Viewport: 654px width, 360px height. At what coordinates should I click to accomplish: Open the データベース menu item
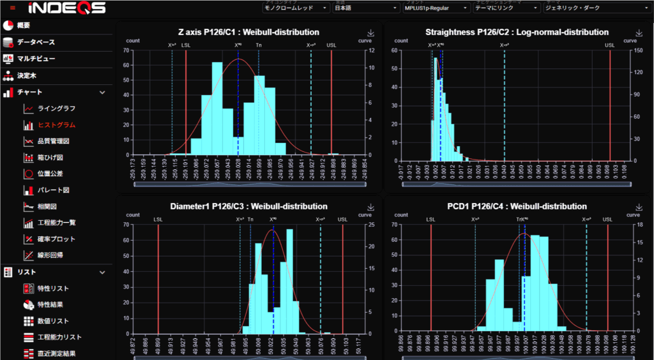click(35, 42)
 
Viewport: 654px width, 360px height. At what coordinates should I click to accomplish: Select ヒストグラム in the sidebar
click(56, 124)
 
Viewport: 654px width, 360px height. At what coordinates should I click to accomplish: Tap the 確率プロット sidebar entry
click(56, 239)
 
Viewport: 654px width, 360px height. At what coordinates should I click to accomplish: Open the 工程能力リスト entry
click(59, 337)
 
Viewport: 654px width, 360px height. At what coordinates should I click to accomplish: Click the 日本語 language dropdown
click(366, 8)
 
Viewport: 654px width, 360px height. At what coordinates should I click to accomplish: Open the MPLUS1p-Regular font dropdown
click(436, 8)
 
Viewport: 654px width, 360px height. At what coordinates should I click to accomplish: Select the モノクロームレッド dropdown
click(296, 8)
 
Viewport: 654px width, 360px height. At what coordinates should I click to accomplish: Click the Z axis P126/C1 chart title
click(248, 32)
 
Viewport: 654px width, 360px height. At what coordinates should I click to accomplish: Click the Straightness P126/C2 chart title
click(517, 32)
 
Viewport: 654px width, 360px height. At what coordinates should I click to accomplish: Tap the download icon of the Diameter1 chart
click(370, 207)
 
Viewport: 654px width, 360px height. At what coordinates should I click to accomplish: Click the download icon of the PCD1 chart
click(639, 207)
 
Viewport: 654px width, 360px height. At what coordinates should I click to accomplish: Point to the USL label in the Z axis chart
click(331, 45)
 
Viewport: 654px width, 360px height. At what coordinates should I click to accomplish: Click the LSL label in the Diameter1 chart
click(158, 220)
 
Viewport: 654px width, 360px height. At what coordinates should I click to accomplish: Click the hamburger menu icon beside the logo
click(12, 8)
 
